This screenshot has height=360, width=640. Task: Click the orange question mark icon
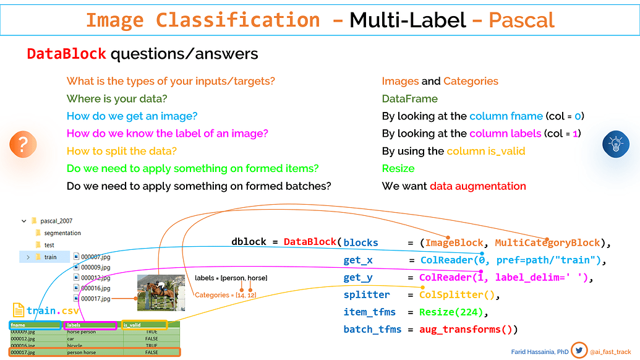pos(23,145)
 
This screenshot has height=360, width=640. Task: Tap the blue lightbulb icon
pos(615,145)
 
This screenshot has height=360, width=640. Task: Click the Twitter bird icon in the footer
pos(579,350)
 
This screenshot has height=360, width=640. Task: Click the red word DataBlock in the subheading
pos(66,54)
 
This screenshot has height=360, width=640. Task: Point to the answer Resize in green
pos(398,168)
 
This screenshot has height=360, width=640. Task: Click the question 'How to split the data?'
pos(122,151)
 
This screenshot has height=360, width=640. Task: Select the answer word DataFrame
pos(409,99)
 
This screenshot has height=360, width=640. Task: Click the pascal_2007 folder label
pos(56,221)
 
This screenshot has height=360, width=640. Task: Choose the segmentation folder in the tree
pos(62,233)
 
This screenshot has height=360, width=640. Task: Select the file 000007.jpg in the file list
pos(95,257)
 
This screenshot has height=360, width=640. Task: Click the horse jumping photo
pos(161,293)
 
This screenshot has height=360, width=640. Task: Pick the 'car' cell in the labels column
pos(72,339)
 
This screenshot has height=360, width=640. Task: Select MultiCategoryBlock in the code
pos(547,242)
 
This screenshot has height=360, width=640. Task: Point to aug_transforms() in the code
pos(468,330)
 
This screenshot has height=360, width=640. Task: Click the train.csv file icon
pos(18,311)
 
